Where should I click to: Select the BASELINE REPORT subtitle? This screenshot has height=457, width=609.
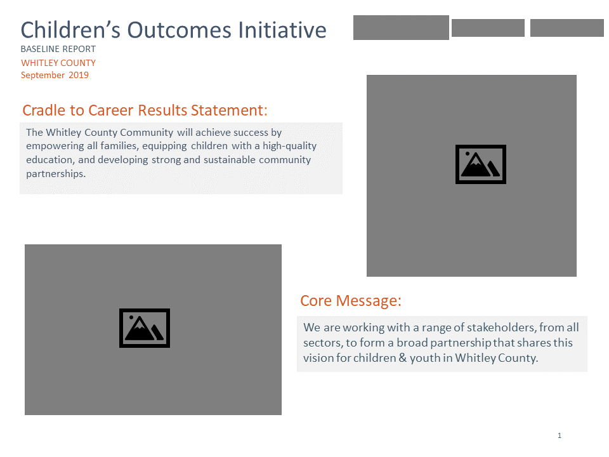(58, 50)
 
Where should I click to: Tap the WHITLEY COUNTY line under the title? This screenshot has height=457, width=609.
(58, 63)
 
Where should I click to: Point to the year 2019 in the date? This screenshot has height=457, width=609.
(78, 76)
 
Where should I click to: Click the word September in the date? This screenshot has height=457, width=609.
(43, 76)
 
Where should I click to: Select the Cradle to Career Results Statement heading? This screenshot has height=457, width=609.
(145, 110)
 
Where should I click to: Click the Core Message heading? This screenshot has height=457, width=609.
(350, 301)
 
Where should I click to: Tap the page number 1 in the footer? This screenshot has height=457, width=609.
(560, 435)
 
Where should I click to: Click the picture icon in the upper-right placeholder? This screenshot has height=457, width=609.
(480, 164)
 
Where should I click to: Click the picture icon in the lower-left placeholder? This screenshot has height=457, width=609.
(145, 328)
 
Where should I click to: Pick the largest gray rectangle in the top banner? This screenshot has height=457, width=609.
(401, 28)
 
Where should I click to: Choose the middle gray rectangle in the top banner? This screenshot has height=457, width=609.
(488, 28)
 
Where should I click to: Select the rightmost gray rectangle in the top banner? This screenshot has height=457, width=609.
(566, 28)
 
